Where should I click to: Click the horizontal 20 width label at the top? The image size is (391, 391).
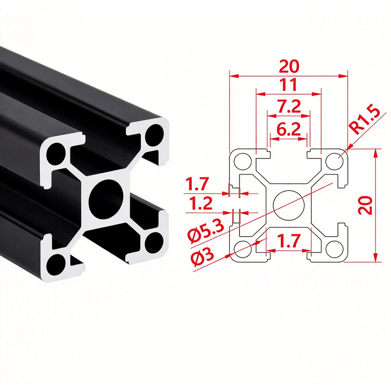coord(289,66)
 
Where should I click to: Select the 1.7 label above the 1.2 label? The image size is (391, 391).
coord(197,184)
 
